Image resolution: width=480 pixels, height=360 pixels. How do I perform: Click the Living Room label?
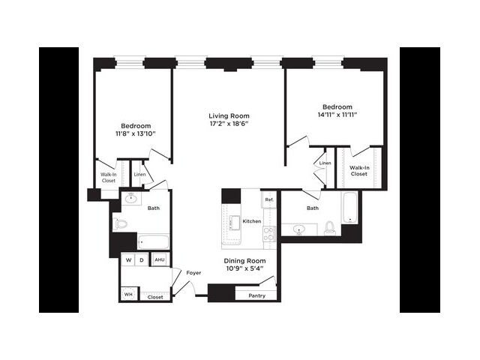click(229, 116)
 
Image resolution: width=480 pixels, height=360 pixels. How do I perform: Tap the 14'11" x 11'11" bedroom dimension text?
click(337, 115)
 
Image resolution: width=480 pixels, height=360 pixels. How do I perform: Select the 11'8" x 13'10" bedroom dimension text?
click(136, 133)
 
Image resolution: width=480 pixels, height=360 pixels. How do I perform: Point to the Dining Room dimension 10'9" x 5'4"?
click(244, 268)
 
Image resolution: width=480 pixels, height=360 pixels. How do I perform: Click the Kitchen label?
click(252, 221)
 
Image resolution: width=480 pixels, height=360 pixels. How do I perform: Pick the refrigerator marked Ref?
click(269, 199)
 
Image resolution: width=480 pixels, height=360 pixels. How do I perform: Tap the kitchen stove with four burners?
click(269, 234)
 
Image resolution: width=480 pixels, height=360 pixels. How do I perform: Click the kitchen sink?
click(235, 222)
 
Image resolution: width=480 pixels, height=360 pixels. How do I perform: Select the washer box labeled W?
click(128, 260)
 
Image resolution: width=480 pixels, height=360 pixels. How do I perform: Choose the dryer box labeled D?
click(142, 260)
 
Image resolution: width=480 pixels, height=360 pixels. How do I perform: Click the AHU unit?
click(160, 259)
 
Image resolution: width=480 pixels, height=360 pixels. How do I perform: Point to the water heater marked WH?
click(128, 294)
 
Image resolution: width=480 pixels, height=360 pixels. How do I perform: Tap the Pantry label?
click(256, 295)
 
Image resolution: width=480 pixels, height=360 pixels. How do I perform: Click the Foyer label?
click(193, 272)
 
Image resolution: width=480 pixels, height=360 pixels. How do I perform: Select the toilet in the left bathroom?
click(120, 224)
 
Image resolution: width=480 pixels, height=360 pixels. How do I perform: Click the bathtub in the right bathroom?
click(349, 208)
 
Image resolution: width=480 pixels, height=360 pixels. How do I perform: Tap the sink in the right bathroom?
click(298, 229)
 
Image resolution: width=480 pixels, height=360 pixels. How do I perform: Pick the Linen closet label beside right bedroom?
click(325, 163)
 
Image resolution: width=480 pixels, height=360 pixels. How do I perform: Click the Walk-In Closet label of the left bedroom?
click(109, 178)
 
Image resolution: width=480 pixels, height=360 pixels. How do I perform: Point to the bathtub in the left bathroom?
click(153, 241)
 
